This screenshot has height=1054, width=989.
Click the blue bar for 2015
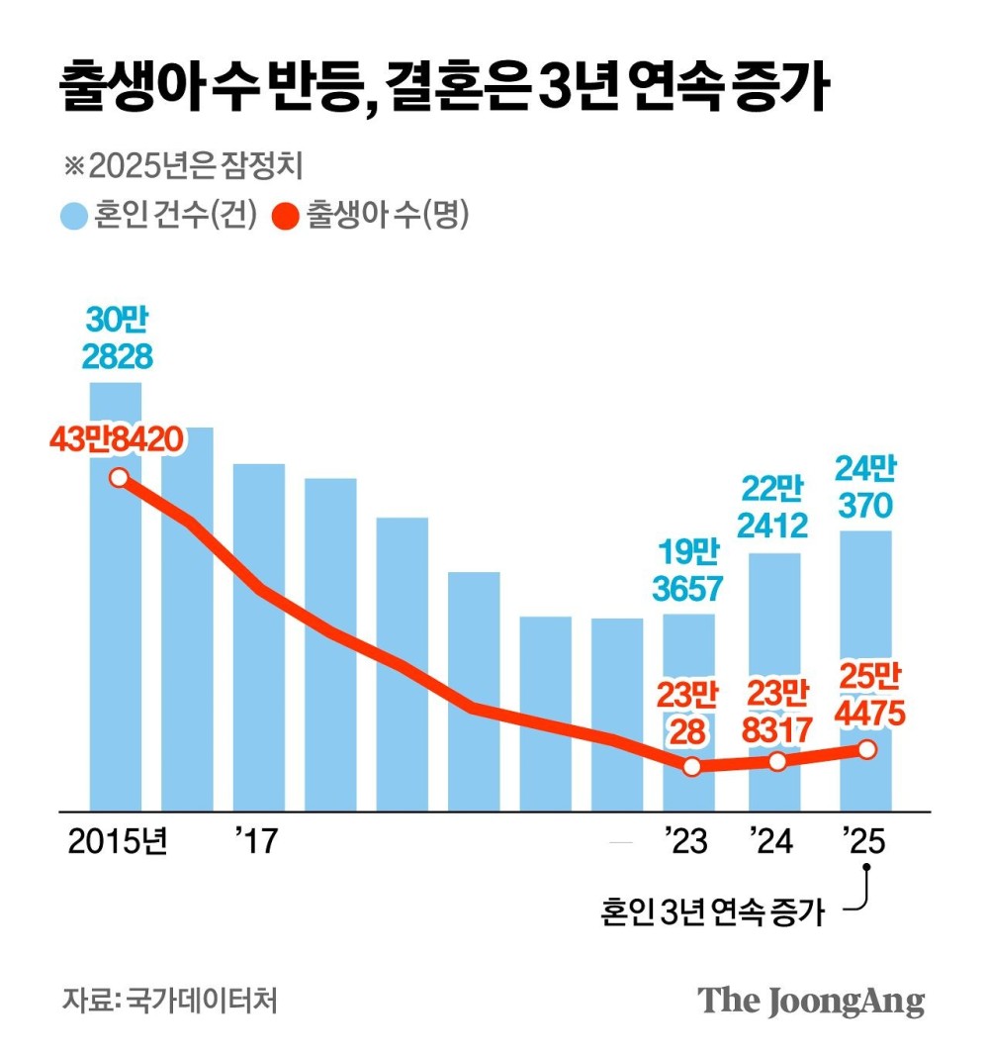pyautogui.click(x=116, y=643)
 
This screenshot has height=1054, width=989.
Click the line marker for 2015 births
pyautogui.click(x=119, y=478)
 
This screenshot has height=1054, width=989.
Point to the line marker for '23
pyautogui.click(x=691, y=766)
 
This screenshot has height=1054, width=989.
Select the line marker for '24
pyautogui.click(x=777, y=761)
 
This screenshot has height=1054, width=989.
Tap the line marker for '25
pyautogui.click(x=866, y=749)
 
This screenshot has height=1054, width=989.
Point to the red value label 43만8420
pyautogui.click(x=117, y=439)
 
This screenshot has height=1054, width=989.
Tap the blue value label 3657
pyautogui.click(x=688, y=588)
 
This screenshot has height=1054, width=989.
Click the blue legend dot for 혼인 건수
pyautogui.click(x=73, y=216)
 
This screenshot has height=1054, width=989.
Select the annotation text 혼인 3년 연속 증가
pyautogui.click(x=712, y=910)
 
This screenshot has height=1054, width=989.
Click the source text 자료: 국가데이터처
pyautogui.click(x=169, y=1000)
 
